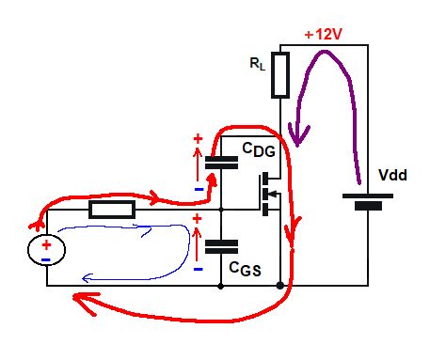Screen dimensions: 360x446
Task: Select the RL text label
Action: coord(257,65)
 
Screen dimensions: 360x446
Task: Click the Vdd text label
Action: coord(393,175)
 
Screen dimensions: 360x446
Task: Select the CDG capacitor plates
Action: coord(221,162)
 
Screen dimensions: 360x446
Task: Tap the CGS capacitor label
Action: coord(246,269)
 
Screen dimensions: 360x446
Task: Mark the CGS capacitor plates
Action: coord(221,246)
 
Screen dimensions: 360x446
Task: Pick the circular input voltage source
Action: coord(45,248)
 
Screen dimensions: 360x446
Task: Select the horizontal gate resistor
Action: coord(112,210)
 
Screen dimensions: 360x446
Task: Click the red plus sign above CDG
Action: coord(198,139)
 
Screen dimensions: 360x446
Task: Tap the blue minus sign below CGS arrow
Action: coord(198,269)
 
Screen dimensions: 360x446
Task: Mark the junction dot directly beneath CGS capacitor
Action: coord(221,285)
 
